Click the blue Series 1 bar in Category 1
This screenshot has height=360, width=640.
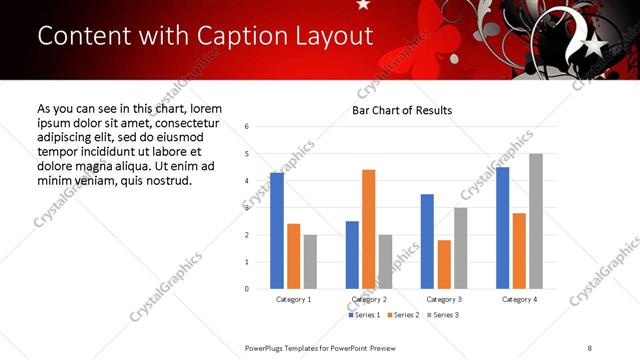click(x=277, y=231)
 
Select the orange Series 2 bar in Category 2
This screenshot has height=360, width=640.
click(x=369, y=229)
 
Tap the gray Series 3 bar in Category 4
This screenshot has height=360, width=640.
click(x=536, y=221)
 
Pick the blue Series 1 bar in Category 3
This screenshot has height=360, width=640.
click(x=427, y=241)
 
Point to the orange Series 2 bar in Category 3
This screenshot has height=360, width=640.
click(x=444, y=264)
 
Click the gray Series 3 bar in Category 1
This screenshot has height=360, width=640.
click(x=310, y=262)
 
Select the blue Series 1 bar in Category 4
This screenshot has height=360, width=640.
click(x=502, y=228)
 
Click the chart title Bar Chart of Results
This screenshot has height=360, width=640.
click(x=402, y=110)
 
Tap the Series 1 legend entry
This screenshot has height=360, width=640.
click(x=364, y=315)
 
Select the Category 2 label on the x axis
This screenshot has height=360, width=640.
click(x=369, y=299)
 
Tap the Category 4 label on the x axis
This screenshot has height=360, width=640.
click(x=519, y=299)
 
